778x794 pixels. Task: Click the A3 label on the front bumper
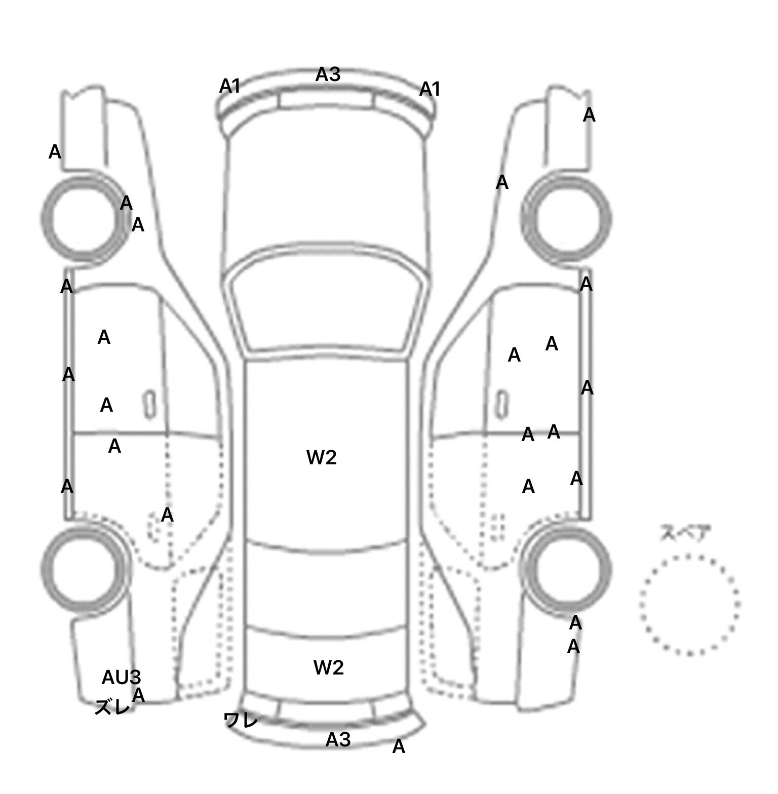click(x=328, y=74)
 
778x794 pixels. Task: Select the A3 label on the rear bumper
click(x=338, y=740)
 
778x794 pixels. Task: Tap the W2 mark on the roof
click(x=321, y=458)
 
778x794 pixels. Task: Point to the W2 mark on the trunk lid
click(x=328, y=668)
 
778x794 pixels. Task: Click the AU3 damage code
click(x=121, y=678)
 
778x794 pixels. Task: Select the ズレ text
click(x=112, y=707)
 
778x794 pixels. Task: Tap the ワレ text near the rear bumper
click(x=241, y=720)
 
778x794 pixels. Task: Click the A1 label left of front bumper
click(x=229, y=87)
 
